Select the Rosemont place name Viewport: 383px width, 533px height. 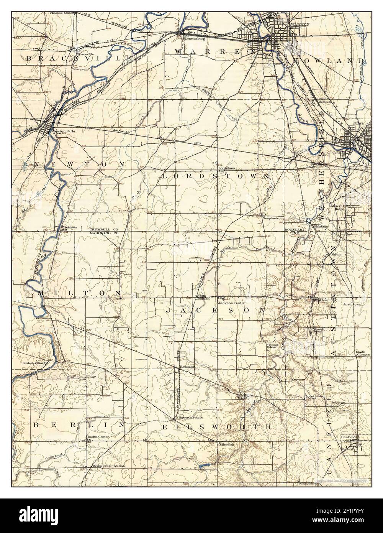pos(187,367)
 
